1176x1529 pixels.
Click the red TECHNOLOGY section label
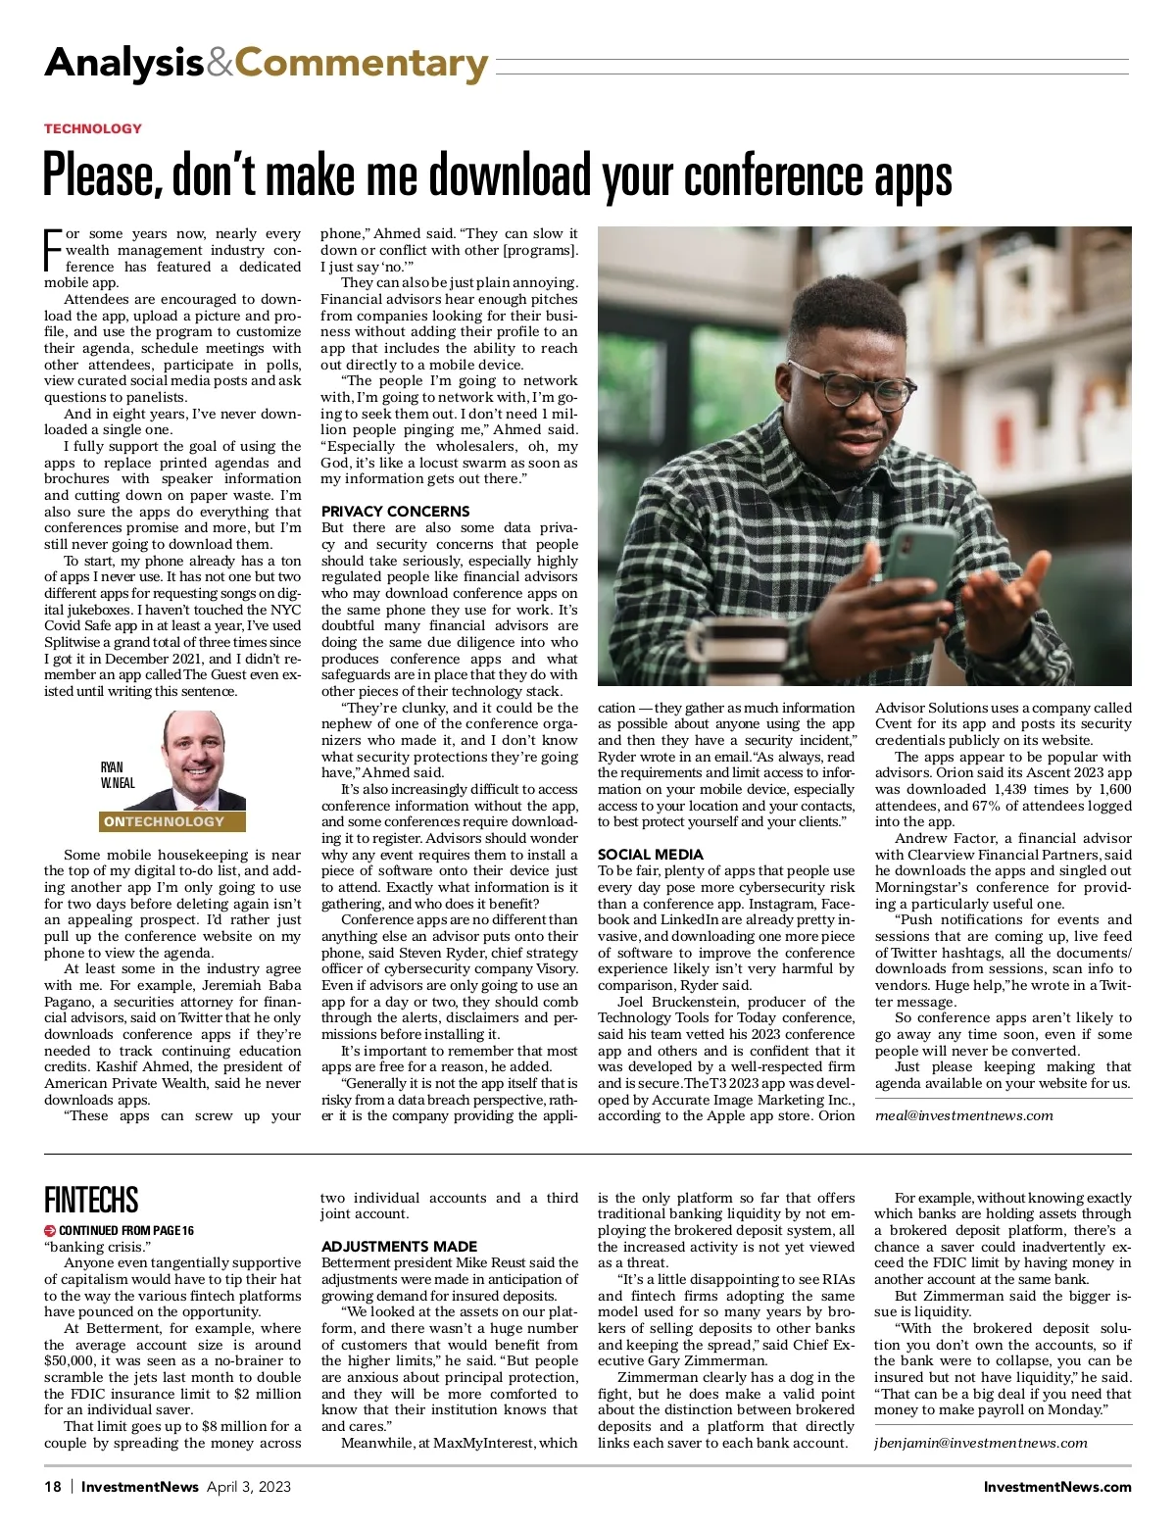(93, 128)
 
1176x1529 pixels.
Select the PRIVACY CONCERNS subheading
(395, 511)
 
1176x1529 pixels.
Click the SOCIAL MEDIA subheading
(650, 854)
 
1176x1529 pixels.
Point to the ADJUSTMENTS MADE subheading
(399, 1246)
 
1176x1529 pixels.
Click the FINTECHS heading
(91, 1200)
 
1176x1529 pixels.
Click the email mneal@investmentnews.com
(963, 1114)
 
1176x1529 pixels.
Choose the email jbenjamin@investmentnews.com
(980, 1442)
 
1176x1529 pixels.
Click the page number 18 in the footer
(53, 1486)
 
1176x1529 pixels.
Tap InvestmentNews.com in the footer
(1056, 1486)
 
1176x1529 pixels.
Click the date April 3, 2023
(248, 1486)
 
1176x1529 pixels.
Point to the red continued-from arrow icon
(50, 1230)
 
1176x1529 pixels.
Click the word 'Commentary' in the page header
(361, 64)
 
